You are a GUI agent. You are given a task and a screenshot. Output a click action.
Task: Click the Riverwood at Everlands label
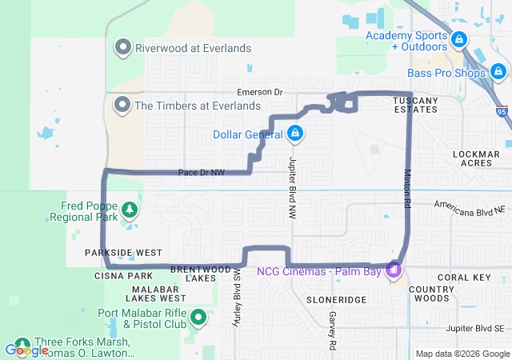pyautogui.click(x=193, y=48)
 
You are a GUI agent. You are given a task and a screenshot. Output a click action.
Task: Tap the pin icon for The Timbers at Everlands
pyautogui.click(x=122, y=105)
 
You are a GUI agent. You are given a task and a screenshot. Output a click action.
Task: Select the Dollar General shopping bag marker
pyautogui.click(x=295, y=133)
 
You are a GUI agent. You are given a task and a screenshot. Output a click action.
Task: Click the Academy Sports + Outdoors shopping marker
pyautogui.click(x=458, y=39)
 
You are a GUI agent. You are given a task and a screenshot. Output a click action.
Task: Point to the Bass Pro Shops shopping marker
pyautogui.click(x=499, y=74)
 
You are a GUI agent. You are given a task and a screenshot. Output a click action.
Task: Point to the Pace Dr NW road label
pyautogui.click(x=201, y=172)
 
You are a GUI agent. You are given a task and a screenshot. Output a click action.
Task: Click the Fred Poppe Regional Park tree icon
pyautogui.click(x=128, y=210)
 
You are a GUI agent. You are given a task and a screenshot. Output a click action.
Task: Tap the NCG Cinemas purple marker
pyautogui.click(x=394, y=270)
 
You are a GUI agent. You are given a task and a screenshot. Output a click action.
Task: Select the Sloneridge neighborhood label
pyautogui.click(x=336, y=298)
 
